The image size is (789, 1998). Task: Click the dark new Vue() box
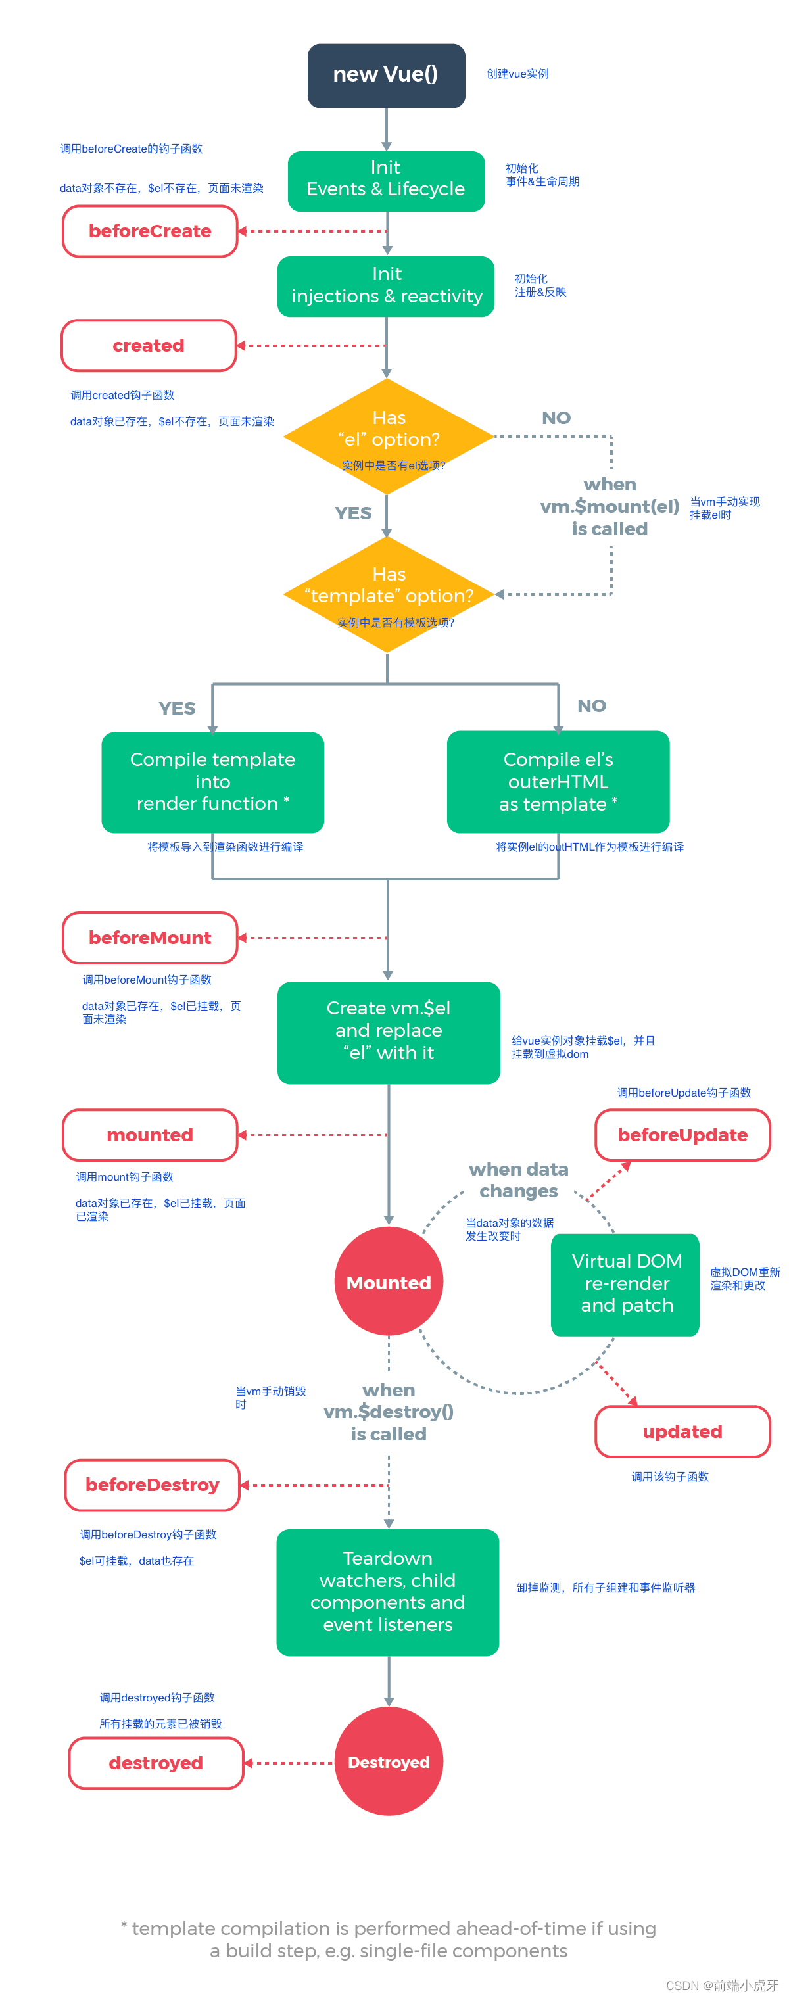(x=385, y=75)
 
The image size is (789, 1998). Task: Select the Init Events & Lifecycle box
(x=385, y=180)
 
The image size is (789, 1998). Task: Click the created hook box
(x=148, y=345)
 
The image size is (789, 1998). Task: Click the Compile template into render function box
(x=212, y=781)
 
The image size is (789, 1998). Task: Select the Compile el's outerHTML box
(x=557, y=781)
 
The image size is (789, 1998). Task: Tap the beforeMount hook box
(x=150, y=937)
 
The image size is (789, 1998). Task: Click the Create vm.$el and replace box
(x=388, y=1031)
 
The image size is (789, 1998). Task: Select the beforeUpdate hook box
(x=682, y=1134)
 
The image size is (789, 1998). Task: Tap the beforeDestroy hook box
(x=152, y=1484)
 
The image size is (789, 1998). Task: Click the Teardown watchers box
(x=387, y=1591)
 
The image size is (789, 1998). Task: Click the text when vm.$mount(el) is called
(x=609, y=506)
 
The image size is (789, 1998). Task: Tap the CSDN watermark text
(x=721, y=1984)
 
